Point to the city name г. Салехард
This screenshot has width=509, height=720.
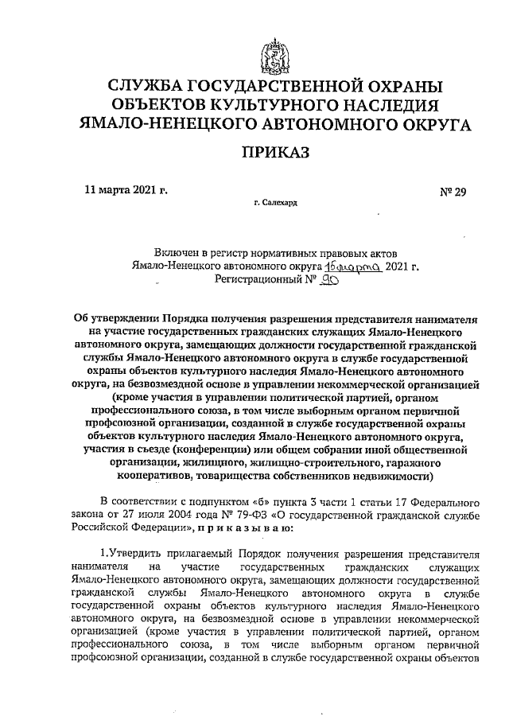[276, 204]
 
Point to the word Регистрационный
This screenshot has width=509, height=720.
[259, 282]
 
